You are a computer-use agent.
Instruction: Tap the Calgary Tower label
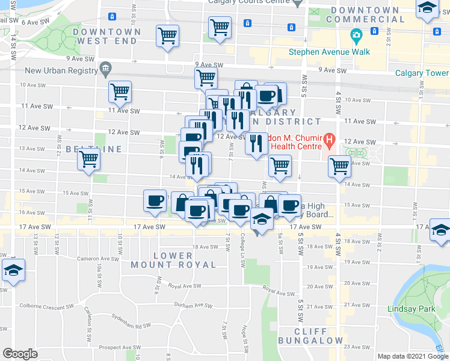[421, 73]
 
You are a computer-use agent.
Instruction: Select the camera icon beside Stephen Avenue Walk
[356, 35]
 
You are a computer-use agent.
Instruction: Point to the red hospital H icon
[329, 141]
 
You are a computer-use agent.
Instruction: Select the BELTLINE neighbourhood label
[94, 149]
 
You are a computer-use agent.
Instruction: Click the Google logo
[20, 353]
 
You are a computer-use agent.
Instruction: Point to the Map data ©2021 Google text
[413, 356]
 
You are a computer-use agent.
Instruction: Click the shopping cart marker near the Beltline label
[89, 159]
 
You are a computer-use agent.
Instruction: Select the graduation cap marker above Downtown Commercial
[427, 8]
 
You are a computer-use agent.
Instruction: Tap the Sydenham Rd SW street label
[134, 326]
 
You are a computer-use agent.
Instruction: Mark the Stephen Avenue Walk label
[329, 52]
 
